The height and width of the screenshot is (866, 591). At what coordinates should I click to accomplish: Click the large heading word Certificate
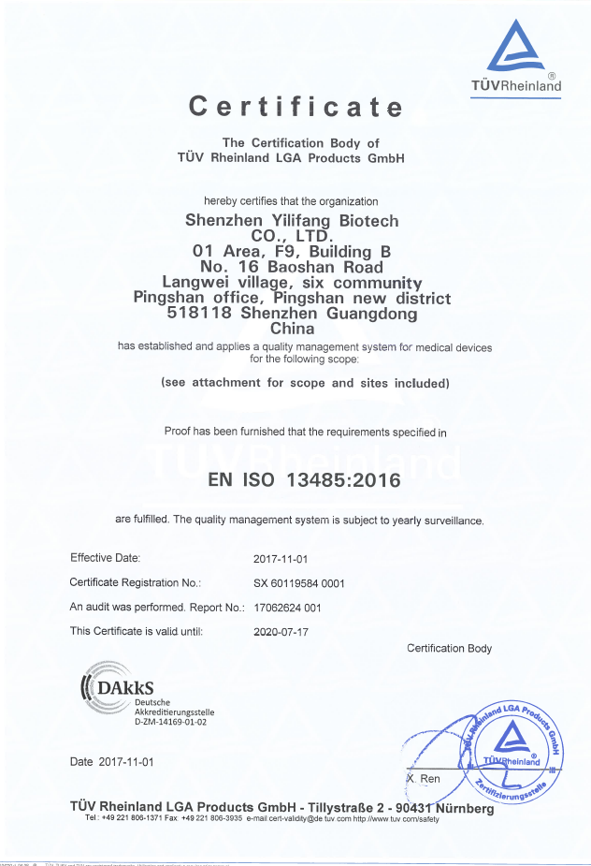(x=295, y=106)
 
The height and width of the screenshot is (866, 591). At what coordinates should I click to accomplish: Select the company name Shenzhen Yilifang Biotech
(x=292, y=221)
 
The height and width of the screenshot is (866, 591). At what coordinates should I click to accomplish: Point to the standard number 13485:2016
(x=348, y=481)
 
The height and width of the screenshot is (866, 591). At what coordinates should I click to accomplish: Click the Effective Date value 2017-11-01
(x=281, y=559)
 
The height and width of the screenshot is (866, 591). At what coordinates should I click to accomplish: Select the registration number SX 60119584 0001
(x=299, y=583)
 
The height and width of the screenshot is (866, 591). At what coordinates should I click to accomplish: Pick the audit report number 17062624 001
(x=287, y=608)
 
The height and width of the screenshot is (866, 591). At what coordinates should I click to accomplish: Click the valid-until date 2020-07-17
(x=281, y=632)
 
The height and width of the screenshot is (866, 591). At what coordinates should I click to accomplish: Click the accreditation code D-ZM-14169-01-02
(x=171, y=722)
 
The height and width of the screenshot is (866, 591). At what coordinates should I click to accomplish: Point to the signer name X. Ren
(x=424, y=779)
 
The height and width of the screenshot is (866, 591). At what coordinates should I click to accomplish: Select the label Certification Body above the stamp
(x=449, y=649)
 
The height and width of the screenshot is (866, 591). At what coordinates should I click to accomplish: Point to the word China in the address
(x=292, y=329)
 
